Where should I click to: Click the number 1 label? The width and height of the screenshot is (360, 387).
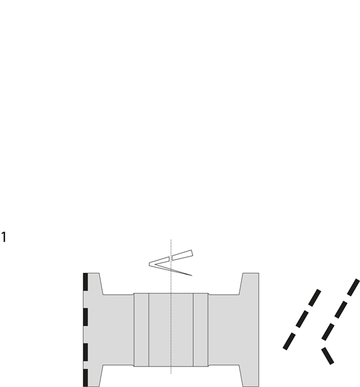(3, 237)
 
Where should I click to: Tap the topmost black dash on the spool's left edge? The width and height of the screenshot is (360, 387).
(85, 282)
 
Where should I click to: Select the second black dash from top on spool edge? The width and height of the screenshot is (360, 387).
(85, 317)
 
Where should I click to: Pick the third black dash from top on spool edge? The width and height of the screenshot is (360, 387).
(85, 352)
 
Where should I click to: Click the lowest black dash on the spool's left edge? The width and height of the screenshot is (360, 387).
(85, 378)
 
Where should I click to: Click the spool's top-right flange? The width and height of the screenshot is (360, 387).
(250, 283)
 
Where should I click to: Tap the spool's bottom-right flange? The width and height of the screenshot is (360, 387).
(250, 375)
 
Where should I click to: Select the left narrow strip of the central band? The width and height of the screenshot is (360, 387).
(141, 330)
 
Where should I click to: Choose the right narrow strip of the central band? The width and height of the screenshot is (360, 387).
(201, 330)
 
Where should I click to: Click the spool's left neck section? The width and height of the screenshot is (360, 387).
(119, 330)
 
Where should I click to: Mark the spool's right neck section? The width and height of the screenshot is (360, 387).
(224, 330)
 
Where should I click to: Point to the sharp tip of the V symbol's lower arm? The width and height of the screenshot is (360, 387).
(192, 275)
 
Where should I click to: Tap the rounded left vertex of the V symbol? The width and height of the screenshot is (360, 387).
(150, 264)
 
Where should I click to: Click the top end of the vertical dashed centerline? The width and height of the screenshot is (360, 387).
(171, 239)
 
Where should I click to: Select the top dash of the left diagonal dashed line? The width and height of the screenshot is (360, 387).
(315, 298)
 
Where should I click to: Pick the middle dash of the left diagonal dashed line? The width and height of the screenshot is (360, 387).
(302, 319)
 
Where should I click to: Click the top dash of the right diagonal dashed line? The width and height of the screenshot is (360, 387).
(354, 287)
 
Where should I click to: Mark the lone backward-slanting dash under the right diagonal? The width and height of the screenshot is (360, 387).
(328, 355)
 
